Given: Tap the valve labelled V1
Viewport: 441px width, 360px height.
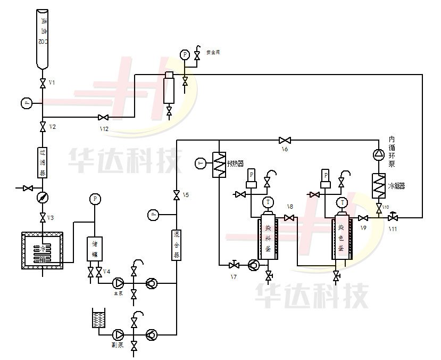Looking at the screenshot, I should [x=42, y=84].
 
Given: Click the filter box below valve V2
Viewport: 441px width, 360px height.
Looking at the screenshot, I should [x=42, y=162].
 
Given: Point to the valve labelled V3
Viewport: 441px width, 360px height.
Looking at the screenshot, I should [x=42, y=218].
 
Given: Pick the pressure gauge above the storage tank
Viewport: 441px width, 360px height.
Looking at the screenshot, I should [x=95, y=199].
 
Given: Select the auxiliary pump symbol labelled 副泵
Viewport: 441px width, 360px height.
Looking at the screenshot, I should [x=118, y=334].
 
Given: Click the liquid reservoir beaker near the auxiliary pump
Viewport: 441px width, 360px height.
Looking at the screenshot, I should [x=99, y=318].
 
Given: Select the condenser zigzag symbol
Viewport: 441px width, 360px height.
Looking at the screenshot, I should [x=378, y=186].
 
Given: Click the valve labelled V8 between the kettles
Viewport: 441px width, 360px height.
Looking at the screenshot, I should [x=290, y=218].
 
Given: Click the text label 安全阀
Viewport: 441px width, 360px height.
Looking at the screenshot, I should [x=213, y=53].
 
